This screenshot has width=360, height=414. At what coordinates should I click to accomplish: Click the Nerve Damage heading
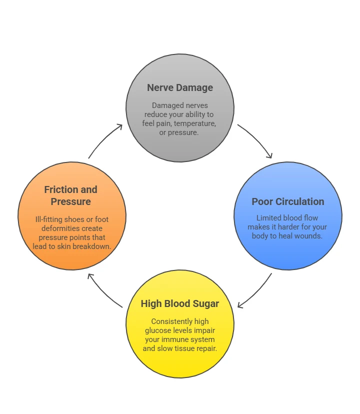coord(180,88)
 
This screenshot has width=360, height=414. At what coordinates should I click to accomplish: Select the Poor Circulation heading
coord(287,202)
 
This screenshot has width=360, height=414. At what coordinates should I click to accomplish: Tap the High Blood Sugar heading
coord(180,303)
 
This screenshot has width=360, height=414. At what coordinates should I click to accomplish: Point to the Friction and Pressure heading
coord(70,195)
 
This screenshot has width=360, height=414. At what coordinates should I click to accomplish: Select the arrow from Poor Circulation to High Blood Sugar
coord(255,291)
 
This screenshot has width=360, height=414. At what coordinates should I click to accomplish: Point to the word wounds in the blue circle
coord(308,235)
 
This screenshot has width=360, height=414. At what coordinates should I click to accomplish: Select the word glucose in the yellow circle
coord(158,330)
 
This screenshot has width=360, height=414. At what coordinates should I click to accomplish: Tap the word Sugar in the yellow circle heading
coord(205,303)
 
